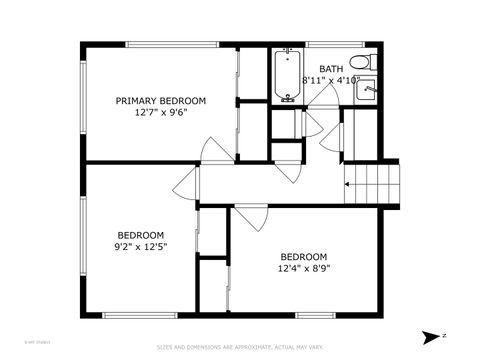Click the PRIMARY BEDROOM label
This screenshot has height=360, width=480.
click(x=161, y=101)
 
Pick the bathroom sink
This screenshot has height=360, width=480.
click(x=368, y=88)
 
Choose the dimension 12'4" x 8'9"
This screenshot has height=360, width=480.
click(x=303, y=267)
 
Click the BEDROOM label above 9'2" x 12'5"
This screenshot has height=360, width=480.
click(x=141, y=235)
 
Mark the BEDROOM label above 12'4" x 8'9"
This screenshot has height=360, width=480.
click(x=303, y=256)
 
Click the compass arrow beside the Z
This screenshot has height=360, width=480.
click(x=430, y=337)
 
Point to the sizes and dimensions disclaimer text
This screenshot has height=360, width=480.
click(x=240, y=348)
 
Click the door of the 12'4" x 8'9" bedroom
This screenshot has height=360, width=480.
click(x=250, y=217)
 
